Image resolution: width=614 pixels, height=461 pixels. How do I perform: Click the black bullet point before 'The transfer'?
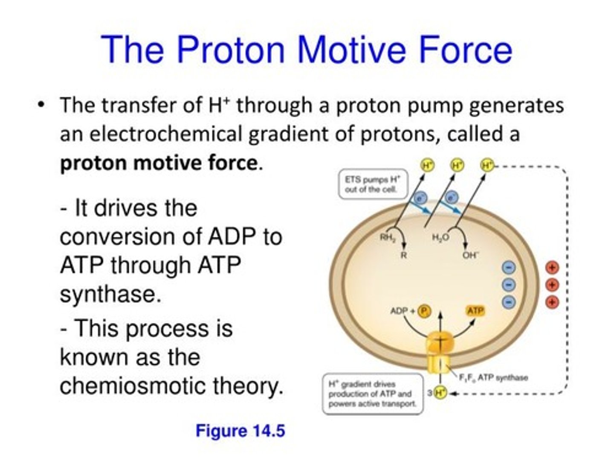(41, 105)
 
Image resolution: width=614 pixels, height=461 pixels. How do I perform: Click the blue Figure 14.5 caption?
(240, 431)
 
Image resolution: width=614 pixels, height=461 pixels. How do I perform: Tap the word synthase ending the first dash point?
(110, 294)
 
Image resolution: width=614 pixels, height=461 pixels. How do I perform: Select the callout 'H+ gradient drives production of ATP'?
(372, 394)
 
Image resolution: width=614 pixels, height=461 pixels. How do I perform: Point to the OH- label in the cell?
(470, 255)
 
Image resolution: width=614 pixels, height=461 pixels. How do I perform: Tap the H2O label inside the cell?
(440, 238)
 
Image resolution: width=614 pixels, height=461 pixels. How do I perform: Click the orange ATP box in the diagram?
(475, 311)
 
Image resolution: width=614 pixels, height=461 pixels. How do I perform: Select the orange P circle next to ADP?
(423, 311)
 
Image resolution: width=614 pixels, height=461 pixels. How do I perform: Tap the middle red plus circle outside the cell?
(552, 285)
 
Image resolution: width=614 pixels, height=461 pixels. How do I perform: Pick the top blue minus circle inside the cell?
(509, 267)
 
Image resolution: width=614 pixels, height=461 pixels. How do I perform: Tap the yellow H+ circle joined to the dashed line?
(487, 165)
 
